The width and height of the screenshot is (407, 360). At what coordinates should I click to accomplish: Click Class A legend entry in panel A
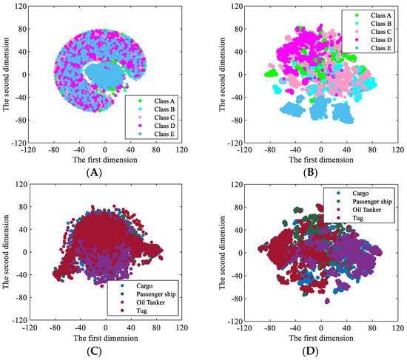pos(162,99)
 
